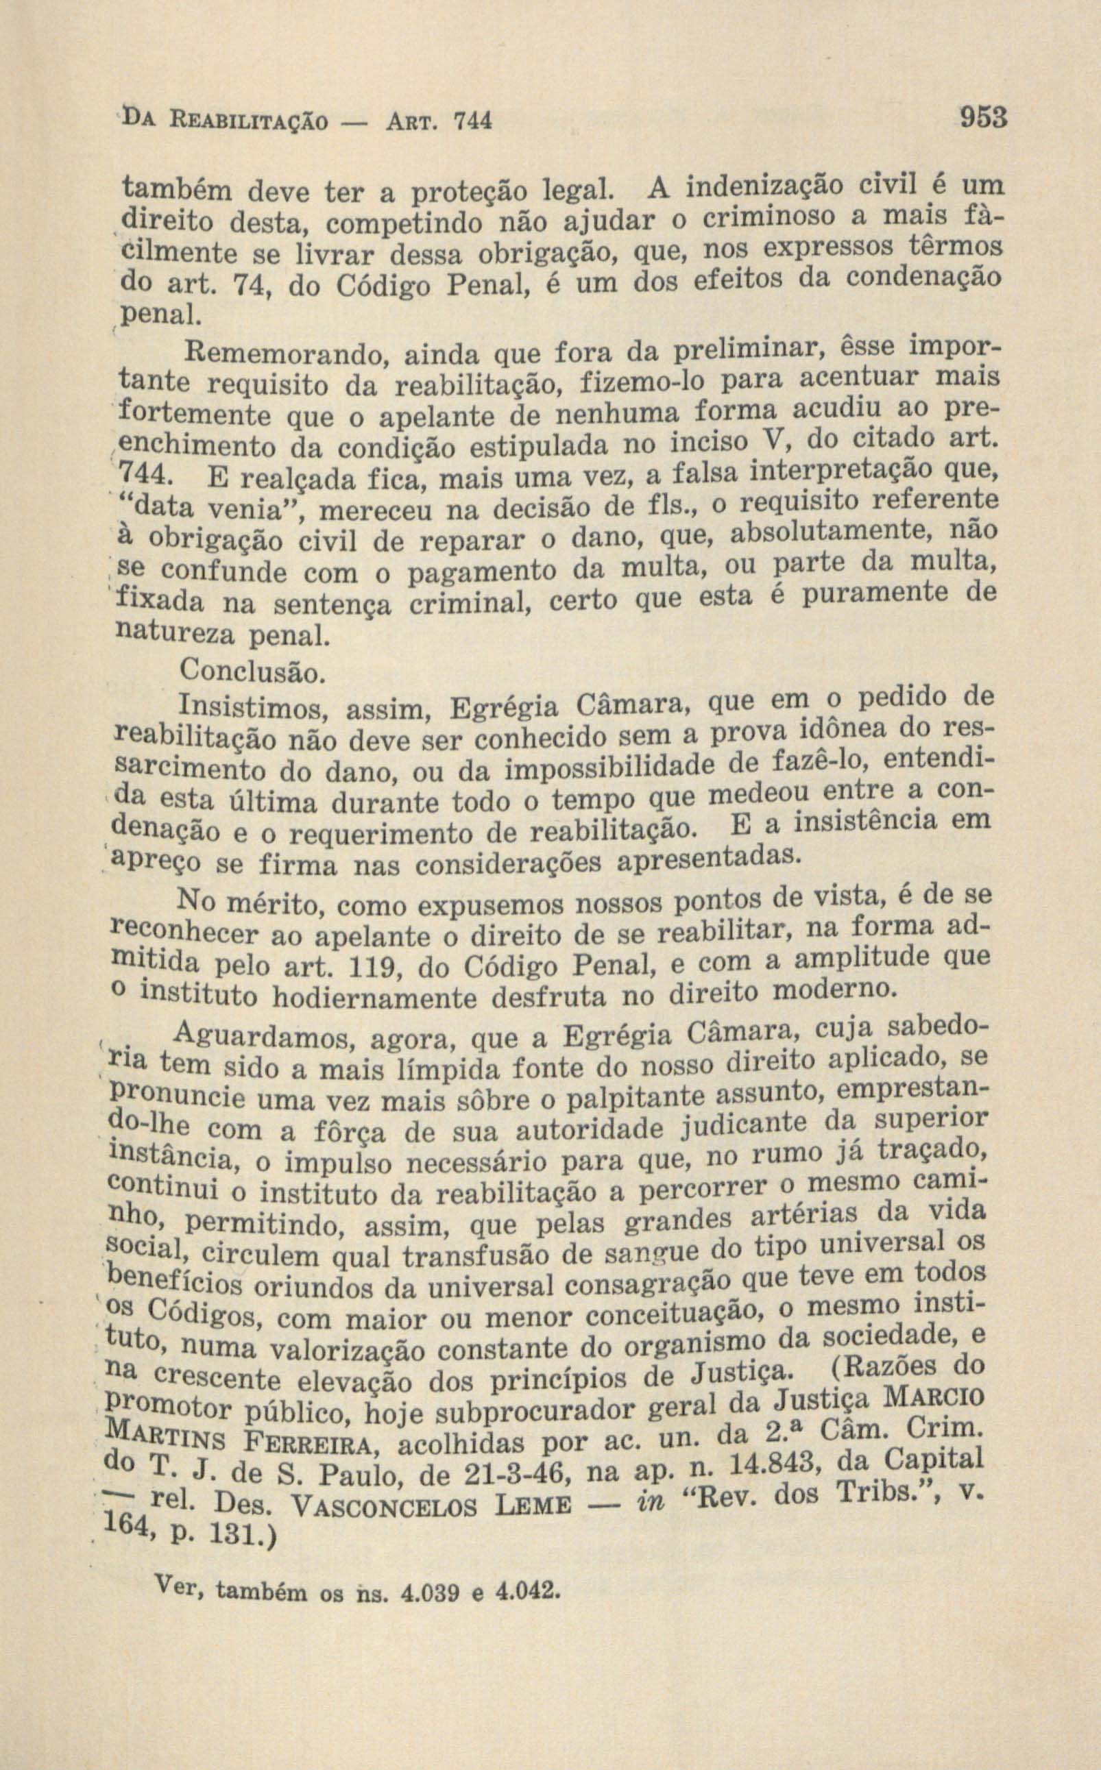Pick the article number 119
point(374,968)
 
